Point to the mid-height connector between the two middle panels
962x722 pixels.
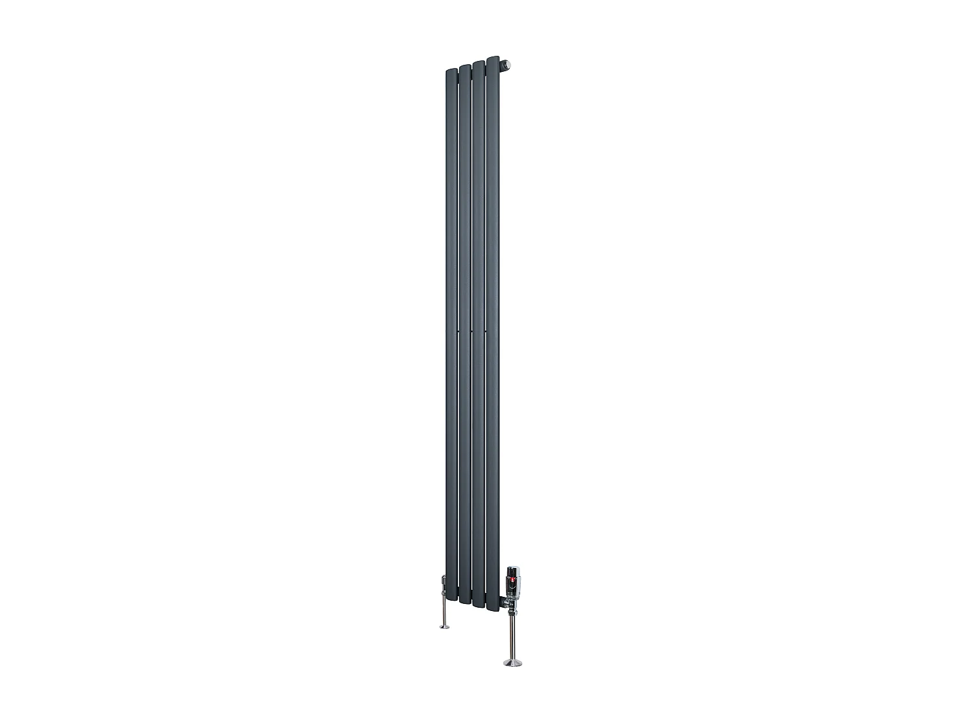pos(471,332)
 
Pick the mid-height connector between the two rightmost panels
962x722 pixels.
pos(485,332)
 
